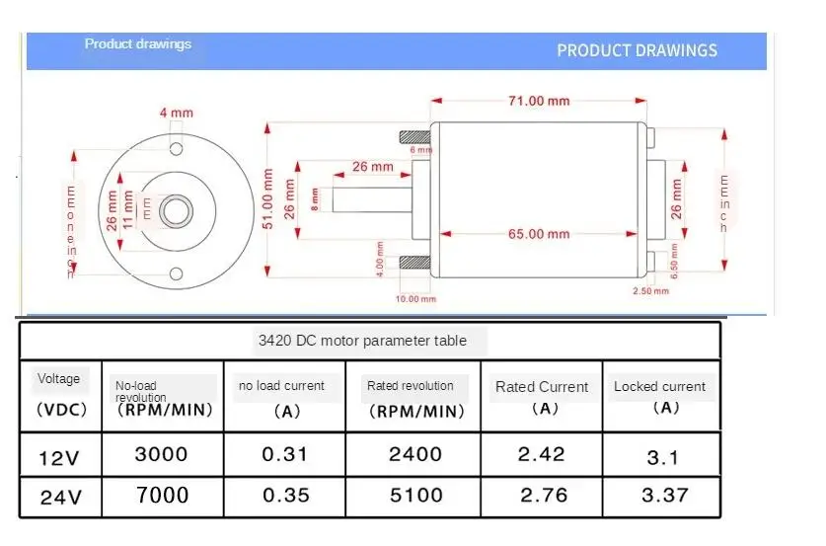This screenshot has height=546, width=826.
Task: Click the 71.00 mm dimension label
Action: click(539, 101)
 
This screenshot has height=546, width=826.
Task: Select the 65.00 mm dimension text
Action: click(539, 234)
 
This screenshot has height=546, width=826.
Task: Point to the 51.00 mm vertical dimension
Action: click(267, 198)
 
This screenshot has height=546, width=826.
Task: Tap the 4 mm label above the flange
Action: click(177, 113)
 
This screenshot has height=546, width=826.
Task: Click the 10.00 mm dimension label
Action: click(415, 298)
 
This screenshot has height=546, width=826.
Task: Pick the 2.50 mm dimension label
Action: click(650, 291)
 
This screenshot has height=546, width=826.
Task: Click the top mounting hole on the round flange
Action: click(177, 148)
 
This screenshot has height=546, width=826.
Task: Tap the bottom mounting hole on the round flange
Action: click(177, 273)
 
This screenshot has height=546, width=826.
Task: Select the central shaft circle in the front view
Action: click(178, 210)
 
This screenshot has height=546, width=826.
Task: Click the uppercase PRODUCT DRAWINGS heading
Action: click(637, 50)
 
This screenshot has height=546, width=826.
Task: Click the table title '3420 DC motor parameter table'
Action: click(369, 341)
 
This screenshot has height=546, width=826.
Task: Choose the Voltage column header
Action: click(58, 379)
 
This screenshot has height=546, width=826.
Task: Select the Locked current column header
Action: click(659, 386)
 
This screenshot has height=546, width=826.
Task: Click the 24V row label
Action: click(60, 497)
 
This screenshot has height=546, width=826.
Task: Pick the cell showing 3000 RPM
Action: click(161, 454)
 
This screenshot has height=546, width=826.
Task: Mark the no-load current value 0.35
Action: click(285, 495)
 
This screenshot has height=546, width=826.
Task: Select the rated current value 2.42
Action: click(541, 454)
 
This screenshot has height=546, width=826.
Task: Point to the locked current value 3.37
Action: click(661, 495)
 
